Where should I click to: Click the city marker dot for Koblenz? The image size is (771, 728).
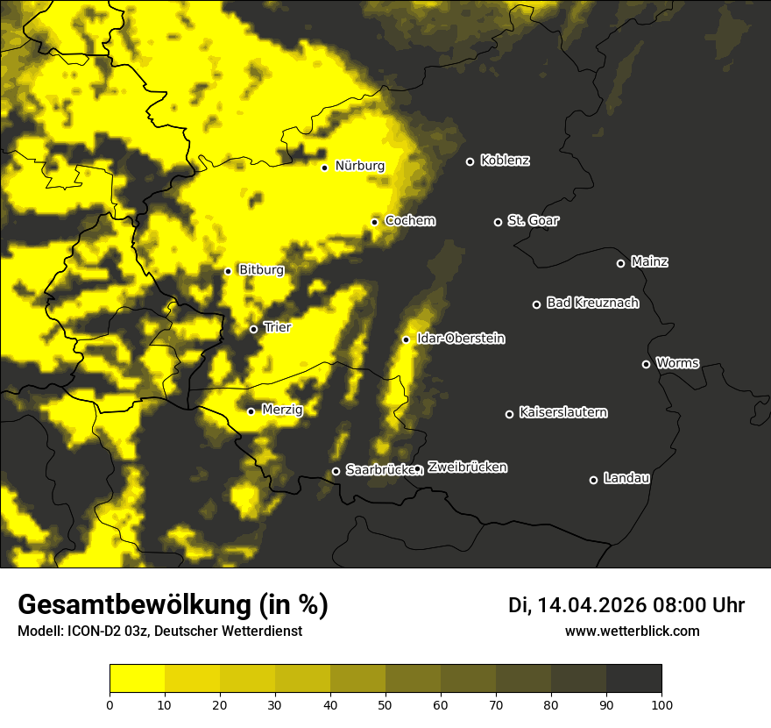470,161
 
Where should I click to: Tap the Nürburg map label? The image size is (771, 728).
359,166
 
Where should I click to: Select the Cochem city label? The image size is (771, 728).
410,221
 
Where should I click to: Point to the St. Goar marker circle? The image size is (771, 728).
498,222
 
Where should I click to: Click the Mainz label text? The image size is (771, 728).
649,262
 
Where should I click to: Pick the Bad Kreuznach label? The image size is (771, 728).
592,303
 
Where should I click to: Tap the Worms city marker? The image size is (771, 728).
646,364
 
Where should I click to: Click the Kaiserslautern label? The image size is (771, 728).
563,412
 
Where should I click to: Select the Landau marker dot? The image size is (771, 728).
593,480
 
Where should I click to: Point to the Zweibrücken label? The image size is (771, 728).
467,467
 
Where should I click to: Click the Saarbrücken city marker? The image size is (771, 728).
336,471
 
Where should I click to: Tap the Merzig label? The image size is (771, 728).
282,410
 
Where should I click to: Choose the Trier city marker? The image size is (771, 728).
253,329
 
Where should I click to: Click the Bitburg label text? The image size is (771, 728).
261,270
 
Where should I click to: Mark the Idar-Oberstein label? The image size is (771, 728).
461,339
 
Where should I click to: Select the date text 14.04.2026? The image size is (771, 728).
591,605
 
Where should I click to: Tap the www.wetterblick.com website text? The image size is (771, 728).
632,631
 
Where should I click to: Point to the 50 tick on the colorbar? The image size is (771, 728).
385,704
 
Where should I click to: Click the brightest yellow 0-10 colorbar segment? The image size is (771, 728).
137,679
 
